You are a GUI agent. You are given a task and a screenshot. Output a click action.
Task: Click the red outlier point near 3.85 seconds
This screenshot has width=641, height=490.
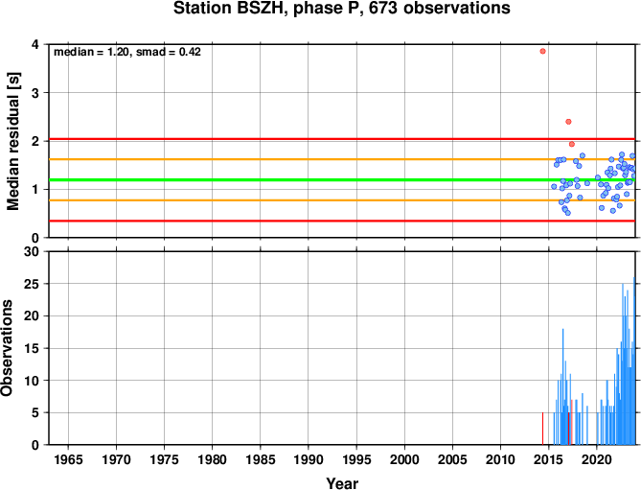coord(542,51)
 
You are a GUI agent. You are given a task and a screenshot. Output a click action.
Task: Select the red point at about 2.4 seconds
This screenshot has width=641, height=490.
coord(568,122)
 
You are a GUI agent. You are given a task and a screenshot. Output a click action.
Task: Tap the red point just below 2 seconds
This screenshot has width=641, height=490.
coord(571,144)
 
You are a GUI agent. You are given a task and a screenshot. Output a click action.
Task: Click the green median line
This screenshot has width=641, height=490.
coord(342,180)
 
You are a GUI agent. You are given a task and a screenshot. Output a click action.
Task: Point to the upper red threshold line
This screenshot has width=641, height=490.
coord(342,139)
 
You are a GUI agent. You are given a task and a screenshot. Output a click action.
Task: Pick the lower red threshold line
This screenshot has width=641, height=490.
coord(342,221)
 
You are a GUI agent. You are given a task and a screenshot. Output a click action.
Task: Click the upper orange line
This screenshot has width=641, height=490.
coord(342,159)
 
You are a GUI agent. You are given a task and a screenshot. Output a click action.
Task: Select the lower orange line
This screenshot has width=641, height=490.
coord(342,200)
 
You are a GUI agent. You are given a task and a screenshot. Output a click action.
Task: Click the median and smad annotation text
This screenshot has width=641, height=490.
coord(127,52)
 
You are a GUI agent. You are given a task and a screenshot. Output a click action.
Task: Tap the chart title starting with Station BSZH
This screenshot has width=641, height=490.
coord(342,9)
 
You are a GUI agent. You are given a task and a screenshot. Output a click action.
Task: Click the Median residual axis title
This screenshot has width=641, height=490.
coord(13,141)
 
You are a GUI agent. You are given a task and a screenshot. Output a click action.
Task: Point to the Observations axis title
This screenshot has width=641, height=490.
coord(7,348)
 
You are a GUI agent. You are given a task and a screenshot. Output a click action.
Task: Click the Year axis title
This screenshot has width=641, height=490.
coord(342,483)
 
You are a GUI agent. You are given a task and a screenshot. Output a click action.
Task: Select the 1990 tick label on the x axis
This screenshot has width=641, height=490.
coord(309,459)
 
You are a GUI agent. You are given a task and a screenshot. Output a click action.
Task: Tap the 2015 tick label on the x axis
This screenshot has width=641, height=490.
coord(548,459)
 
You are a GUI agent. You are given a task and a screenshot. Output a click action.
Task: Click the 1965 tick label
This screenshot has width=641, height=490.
coord(68,459)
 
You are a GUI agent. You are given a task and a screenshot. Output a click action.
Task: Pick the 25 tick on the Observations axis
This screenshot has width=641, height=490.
coord(34,284)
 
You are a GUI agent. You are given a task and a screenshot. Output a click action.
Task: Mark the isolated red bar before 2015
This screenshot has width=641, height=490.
coord(542,429)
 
